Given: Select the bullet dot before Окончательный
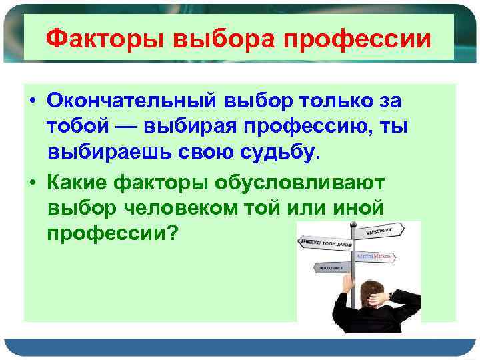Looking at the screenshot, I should coord(31,100).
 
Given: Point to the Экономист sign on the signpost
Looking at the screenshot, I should coord(331,267).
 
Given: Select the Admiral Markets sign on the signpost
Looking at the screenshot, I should coord(376,256).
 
